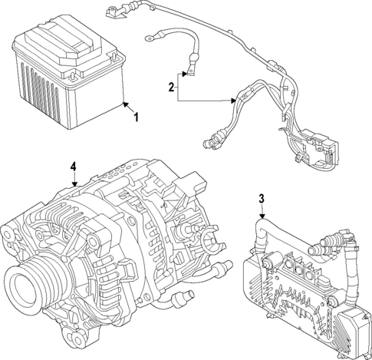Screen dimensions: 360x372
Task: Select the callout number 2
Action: pyautogui.click(x=172, y=88)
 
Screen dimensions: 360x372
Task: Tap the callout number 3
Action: pyautogui.click(x=261, y=200)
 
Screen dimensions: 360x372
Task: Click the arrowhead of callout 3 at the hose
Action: pyautogui.click(x=262, y=220)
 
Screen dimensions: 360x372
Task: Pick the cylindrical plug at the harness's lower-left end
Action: pyautogui.click(x=209, y=142)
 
